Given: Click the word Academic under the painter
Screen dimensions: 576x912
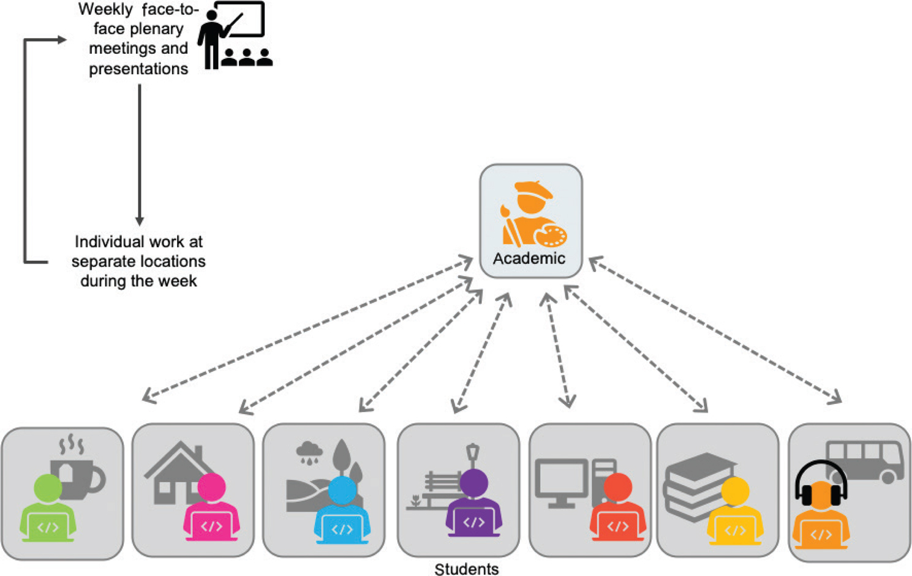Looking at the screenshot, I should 529,259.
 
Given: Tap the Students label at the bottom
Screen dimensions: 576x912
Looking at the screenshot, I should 467,569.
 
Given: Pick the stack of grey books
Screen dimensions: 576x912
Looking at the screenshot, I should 695,484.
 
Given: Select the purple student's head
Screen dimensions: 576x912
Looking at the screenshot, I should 473,482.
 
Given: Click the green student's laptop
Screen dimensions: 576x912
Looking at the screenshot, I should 48,528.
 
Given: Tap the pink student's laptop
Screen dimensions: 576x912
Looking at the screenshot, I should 211,526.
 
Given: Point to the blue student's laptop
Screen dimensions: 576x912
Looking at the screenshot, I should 342,529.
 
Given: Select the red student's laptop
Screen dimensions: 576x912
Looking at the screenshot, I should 617,526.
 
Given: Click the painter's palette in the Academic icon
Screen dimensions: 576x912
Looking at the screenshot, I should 551,236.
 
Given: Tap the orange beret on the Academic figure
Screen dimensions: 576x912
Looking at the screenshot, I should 533,189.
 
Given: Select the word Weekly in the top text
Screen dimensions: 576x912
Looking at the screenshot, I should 105,10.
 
